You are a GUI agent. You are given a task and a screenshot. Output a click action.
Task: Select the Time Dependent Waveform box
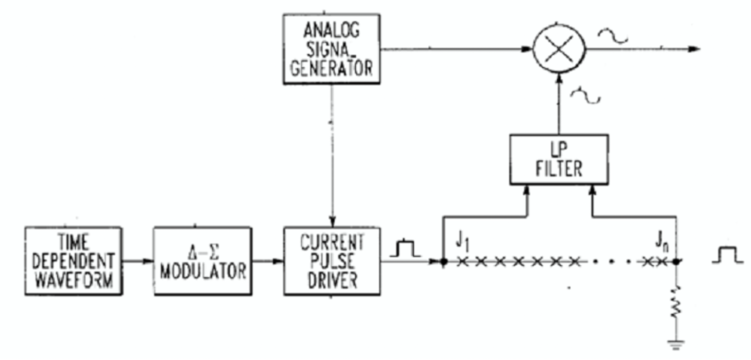click(x=74, y=261)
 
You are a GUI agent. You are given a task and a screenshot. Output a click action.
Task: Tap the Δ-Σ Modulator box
click(x=203, y=261)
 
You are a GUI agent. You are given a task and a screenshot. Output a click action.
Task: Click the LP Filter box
click(x=559, y=159)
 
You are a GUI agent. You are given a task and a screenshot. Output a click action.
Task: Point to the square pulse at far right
click(x=727, y=254)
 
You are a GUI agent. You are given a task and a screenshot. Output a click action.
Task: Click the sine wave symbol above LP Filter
click(x=584, y=96)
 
